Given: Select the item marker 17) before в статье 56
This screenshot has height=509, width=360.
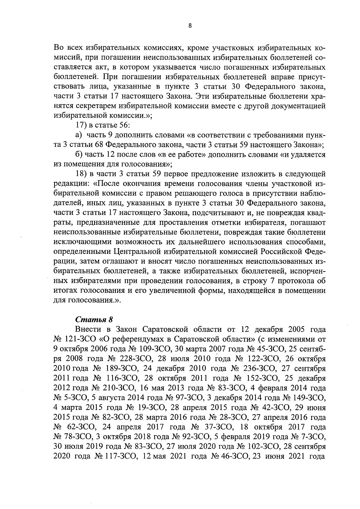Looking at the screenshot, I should [80, 125].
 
